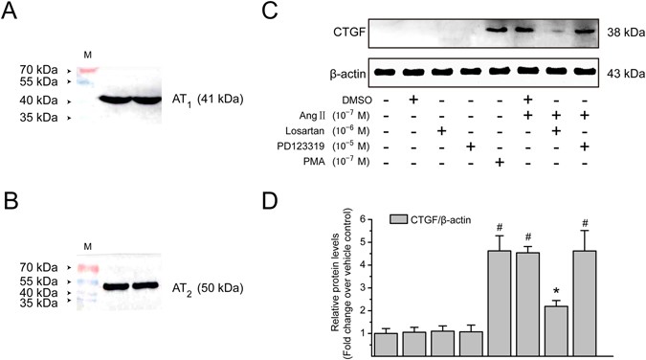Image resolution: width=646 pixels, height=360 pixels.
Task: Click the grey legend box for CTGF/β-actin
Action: click(x=394, y=221)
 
